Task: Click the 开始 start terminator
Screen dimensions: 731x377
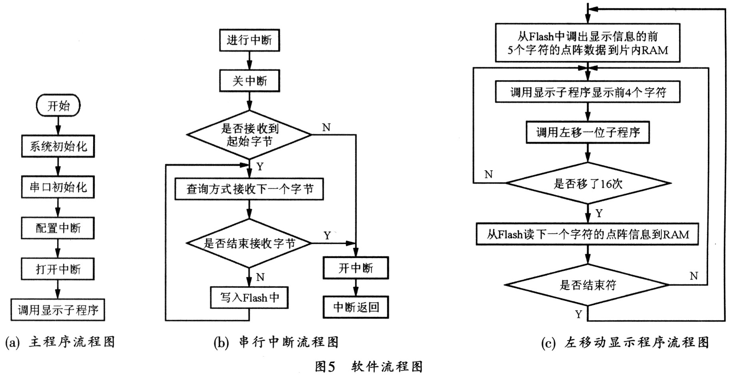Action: click(x=58, y=106)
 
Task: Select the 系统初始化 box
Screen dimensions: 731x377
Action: click(x=58, y=146)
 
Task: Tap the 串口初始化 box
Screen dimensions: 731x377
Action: click(x=58, y=187)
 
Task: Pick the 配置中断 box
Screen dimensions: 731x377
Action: click(x=58, y=228)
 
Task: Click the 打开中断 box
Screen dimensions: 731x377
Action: click(x=58, y=269)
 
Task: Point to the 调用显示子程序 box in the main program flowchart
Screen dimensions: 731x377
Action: click(x=58, y=310)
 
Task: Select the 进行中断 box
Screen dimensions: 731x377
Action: click(x=249, y=40)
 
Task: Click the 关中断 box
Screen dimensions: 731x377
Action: click(x=249, y=81)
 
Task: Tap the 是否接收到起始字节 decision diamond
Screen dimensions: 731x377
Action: click(x=249, y=134)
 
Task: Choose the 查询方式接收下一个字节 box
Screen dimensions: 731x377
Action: click(x=249, y=189)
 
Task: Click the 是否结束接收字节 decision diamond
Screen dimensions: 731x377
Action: click(x=249, y=243)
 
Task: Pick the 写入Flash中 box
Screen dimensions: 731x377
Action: click(x=249, y=297)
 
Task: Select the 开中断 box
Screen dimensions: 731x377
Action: click(x=356, y=268)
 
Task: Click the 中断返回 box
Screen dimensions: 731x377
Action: click(x=356, y=307)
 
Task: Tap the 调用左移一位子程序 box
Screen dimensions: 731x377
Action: click(x=588, y=132)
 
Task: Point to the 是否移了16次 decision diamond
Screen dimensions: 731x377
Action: click(x=588, y=183)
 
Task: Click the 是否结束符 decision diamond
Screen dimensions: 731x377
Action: click(x=588, y=285)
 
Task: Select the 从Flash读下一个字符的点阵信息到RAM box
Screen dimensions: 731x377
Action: click(x=588, y=234)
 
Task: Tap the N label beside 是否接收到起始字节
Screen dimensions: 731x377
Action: click(x=327, y=127)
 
